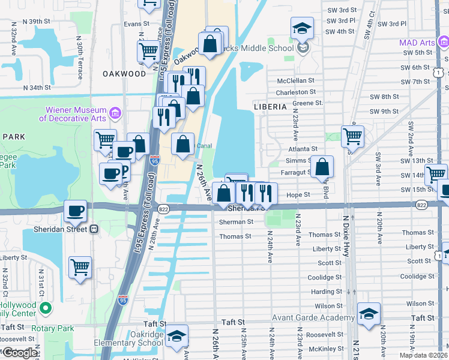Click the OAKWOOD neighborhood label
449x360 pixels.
[x=124, y=74]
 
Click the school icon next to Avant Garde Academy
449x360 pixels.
[x=369, y=313]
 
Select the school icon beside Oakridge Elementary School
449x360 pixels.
[x=176, y=335]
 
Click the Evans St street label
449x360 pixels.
[x=136, y=24]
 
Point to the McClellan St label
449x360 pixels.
[x=295, y=80]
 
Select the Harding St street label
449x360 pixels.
[x=327, y=292]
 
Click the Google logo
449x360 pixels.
[x=19, y=353]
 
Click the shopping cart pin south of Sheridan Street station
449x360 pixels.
[x=80, y=267]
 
